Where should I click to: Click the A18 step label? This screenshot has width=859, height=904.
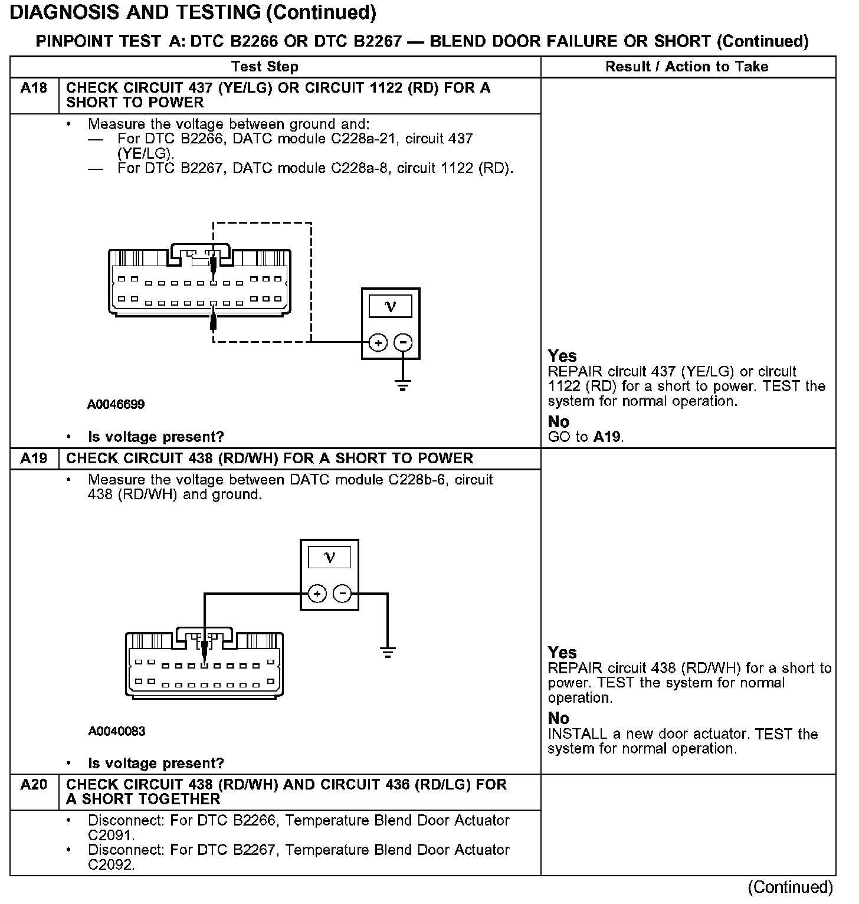pyautogui.click(x=34, y=89)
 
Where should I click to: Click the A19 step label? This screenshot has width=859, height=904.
pyautogui.click(x=34, y=458)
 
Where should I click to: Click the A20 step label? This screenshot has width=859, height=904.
pyautogui.click(x=34, y=785)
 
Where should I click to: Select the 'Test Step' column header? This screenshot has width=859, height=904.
pyautogui.click(x=265, y=67)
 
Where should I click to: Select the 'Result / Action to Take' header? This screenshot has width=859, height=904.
pyautogui.click(x=687, y=67)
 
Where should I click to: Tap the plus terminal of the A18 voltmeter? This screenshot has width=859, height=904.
pyautogui.click(x=378, y=342)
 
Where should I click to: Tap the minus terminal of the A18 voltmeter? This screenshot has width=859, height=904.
pyautogui.click(x=403, y=342)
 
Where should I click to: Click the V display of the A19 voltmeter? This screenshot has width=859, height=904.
pyautogui.click(x=329, y=557)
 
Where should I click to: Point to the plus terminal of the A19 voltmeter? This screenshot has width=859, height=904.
pyautogui.click(x=317, y=594)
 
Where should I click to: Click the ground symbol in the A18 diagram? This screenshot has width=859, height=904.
pyautogui.click(x=403, y=387)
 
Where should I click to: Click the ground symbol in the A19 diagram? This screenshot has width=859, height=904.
pyautogui.click(x=388, y=652)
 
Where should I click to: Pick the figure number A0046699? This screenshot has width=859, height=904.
pyautogui.click(x=116, y=405)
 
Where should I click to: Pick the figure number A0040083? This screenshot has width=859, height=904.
pyautogui.click(x=117, y=732)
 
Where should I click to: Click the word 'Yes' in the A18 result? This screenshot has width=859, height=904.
pyautogui.click(x=562, y=356)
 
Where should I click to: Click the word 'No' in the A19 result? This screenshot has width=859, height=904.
pyautogui.click(x=558, y=718)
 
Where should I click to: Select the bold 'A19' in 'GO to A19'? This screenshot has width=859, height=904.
pyautogui.click(x=607, y=437)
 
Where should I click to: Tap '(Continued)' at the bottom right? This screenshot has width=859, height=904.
pyautogui.click(x=790, y=887)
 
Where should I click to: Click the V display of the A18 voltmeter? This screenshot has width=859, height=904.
pyautogui.click(x=391, y=306)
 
